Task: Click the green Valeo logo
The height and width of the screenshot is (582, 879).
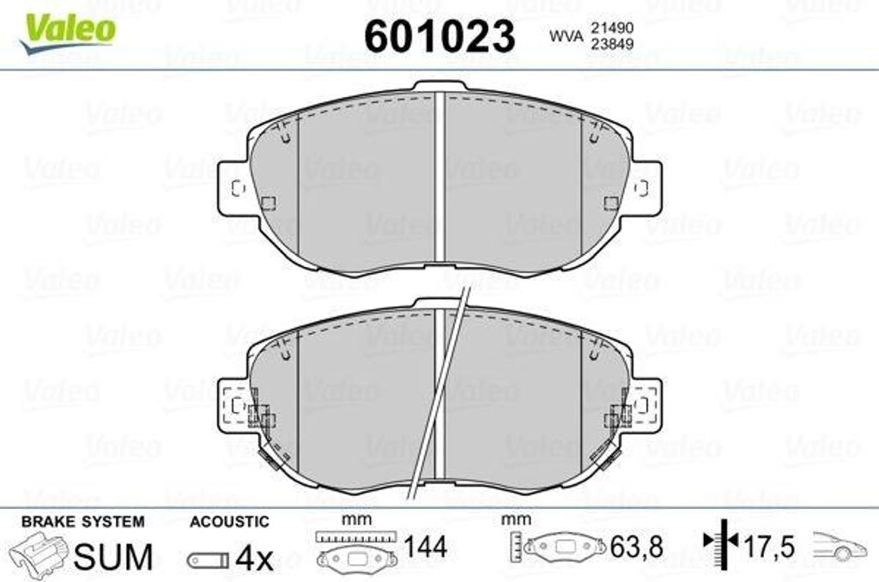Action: [x=67, y=33]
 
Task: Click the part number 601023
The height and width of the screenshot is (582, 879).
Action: [x=439, y=36]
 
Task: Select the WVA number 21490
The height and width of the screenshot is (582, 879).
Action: [x=611, y=28]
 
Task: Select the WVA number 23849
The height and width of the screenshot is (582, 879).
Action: [x=611, y=44]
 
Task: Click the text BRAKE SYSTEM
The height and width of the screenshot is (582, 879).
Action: [x=83, y=521]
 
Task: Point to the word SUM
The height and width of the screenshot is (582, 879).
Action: [x=113, y=556]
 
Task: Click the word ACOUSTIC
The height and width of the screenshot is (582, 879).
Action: [x=229, y=521]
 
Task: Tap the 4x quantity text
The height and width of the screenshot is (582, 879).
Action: [x=254, y=557]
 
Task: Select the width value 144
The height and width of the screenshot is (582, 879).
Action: [x=426, y=548]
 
